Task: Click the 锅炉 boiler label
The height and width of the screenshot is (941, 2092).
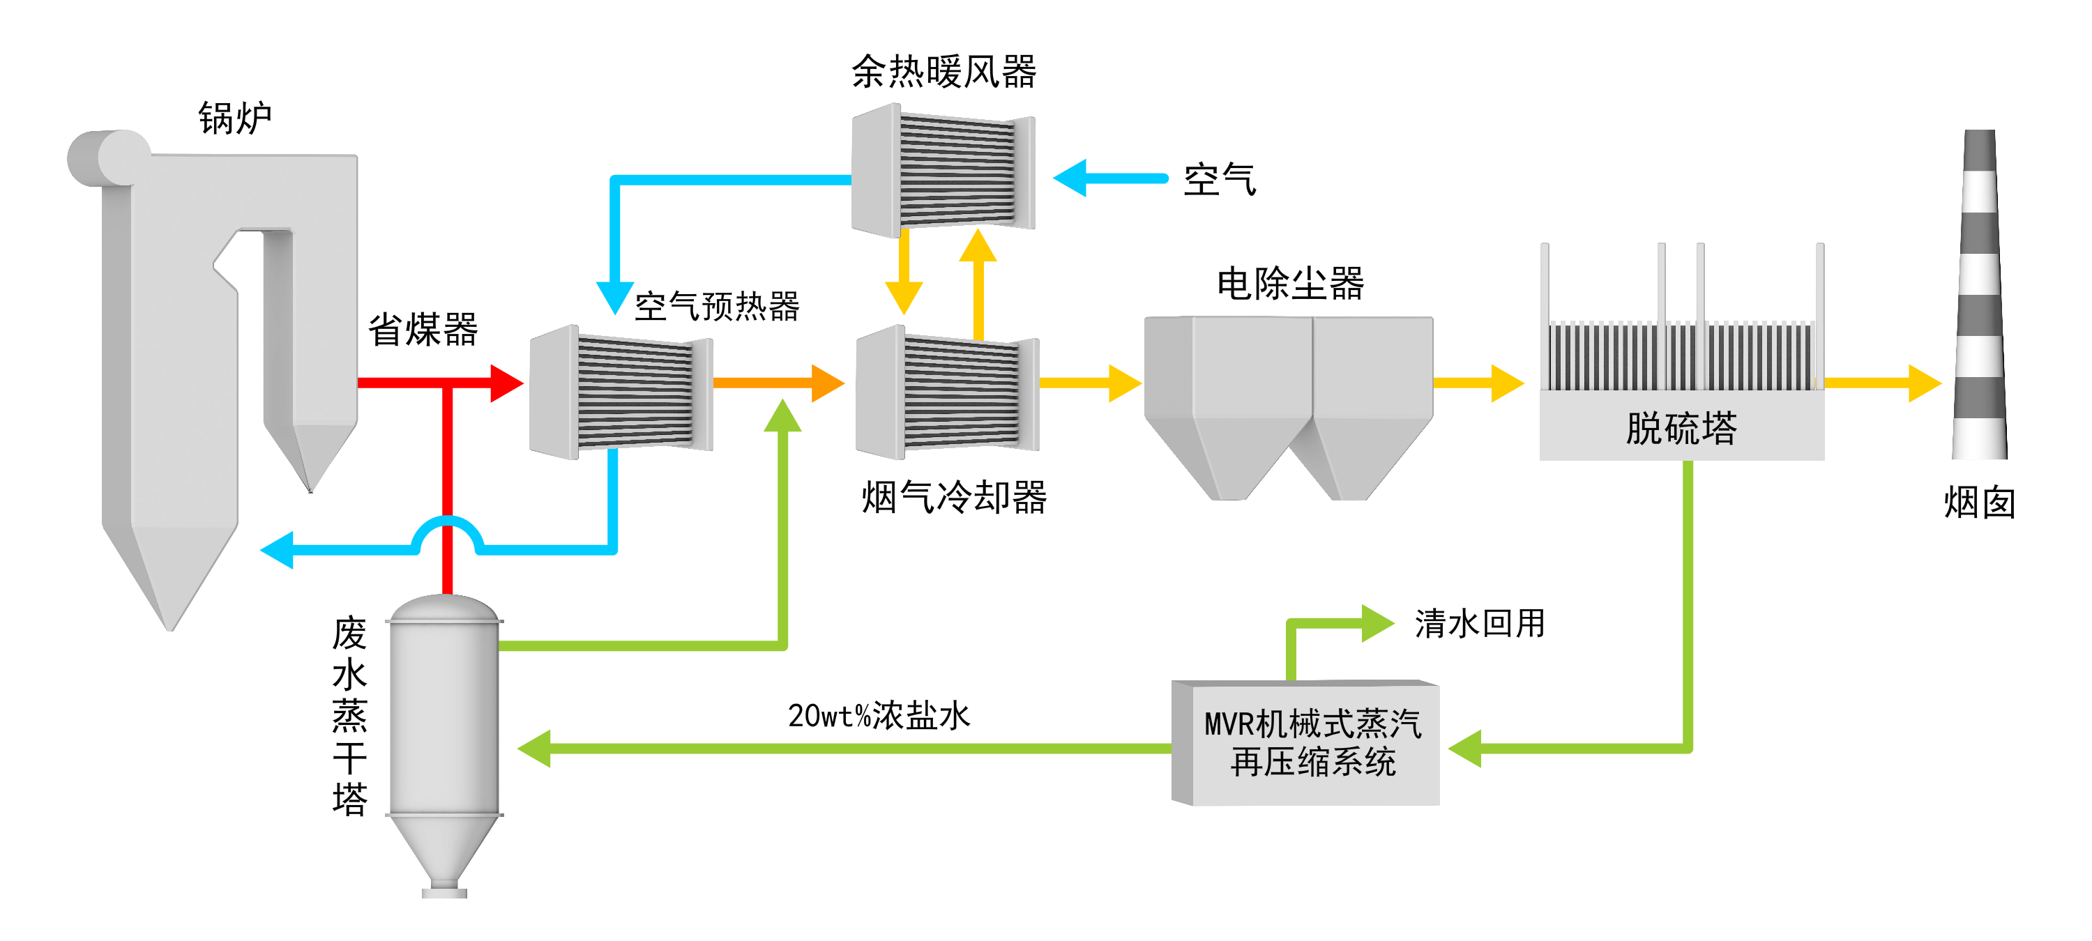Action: click(235, 118)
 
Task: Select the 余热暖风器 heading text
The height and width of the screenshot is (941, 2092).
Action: click(943, 72)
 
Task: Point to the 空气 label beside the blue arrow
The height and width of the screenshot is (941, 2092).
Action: click(1219, 179)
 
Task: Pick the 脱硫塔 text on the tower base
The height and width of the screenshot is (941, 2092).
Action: click(1681, 428)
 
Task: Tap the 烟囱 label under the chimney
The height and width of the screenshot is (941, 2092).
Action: click(1979, 503)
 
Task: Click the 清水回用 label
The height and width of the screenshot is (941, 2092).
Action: click(1479, 624)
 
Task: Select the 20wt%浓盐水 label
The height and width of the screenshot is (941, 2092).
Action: click(879, 715)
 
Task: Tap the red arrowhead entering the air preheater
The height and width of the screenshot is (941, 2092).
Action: click(507, 383)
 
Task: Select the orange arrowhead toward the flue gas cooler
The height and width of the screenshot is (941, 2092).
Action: click(828, 383)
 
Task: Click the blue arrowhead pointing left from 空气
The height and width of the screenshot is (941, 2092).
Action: click(1070, 178)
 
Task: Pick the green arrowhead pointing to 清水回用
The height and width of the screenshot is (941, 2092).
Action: click(1377, 624)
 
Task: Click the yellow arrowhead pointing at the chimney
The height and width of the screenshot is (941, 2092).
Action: click(1924, 383)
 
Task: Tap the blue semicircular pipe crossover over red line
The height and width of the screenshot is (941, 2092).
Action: click(448, 532)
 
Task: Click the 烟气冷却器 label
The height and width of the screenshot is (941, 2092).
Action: click(953, 497)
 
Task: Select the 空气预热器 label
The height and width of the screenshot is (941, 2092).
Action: click(716, 306)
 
